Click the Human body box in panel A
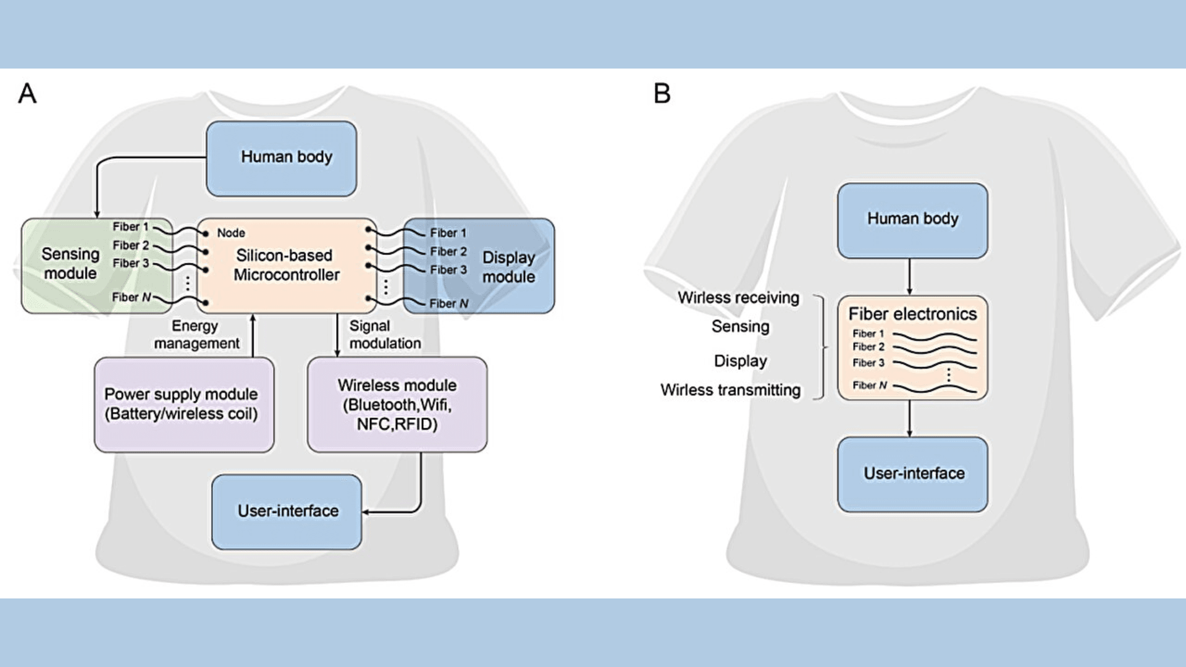pyautogui.click(x=282, y=159)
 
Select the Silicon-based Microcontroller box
pyautogui.click(x=287, y=266)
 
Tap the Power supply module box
pyautogui.click(x=184, y=405)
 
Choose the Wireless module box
pyautogui.click(x=397, y=405)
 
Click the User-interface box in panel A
pyautogui.click(x=287, y=512)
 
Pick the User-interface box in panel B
pyautogui.click(x=913, y=474)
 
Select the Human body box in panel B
pyautogui.click(x=913, y=220)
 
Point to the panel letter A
pyautogui.click(x=27, y=93)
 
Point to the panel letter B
pyautogui.click(x=662, y=93)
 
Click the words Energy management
pyautogui.click(x=196, y=335)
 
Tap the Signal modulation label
pyautogui.click(x=385, y=335)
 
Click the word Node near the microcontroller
pyautogui.click(x=231, y=233)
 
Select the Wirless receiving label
pyautogui.click(x=739, y=298)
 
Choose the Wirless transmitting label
pyautogui.click(x=731, y=390)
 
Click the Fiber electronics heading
pyautogui.click(x=913, y=314)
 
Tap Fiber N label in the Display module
pyautogui.click(x=449, y=303)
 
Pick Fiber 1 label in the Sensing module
pyautogui.click(x=130, y=227)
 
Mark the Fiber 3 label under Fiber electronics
pyautogui.click(x=868, y=363)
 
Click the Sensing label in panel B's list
pyautogui.click(x=741, y=327)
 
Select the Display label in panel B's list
pyautogui.click(x=741, y=361)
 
